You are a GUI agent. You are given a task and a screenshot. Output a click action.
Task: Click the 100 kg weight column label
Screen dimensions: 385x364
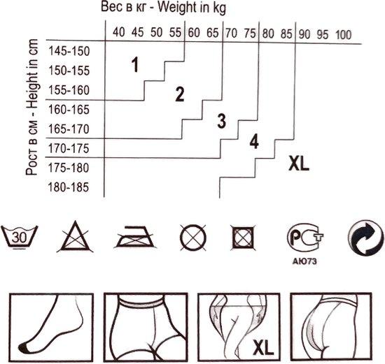click(x=344, y=34)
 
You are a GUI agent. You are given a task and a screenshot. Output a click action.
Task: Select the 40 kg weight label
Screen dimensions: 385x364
click(x=119, y=32)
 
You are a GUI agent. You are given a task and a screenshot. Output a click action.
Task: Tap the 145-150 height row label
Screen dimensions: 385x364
click(x=69, y=51)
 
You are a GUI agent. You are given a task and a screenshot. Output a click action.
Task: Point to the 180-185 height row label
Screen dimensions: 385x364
click(x=69, y=187)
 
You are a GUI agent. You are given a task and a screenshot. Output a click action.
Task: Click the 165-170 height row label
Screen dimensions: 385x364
click(x=69, y=129)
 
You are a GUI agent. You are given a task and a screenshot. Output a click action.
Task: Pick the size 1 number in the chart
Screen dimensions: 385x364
click(x=135, y=65)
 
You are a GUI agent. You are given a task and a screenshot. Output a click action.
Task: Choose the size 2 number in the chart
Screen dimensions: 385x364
click(x=180, y=94)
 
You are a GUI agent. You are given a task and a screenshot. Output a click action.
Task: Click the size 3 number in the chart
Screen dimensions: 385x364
click(x=221, y=121)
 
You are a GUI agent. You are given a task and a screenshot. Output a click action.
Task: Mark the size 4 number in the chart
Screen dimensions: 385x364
click(x=254, y=141)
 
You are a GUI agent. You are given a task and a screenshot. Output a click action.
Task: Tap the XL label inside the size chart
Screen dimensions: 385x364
click(x=299, y=163)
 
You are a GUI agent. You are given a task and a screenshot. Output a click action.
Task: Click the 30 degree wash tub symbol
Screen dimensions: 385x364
click(x=19, y=237)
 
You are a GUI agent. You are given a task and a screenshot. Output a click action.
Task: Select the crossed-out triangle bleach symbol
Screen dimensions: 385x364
click(x=75, y=236)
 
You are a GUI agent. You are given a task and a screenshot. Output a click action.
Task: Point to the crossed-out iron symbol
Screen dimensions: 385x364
click(x=134, y=237)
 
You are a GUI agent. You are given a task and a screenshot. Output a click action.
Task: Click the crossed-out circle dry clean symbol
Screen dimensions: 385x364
click(x=193, y=238)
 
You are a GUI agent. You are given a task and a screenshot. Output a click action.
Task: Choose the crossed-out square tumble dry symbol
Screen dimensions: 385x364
click(x=243, y=238)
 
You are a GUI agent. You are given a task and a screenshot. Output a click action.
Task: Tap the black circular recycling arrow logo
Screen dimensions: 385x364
click(x=365, y=238)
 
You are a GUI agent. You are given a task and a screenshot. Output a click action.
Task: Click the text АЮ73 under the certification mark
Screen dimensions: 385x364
click(x=304, y=261)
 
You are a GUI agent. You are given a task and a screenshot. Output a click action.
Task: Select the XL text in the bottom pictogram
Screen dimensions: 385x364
click(x=263, y=347)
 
